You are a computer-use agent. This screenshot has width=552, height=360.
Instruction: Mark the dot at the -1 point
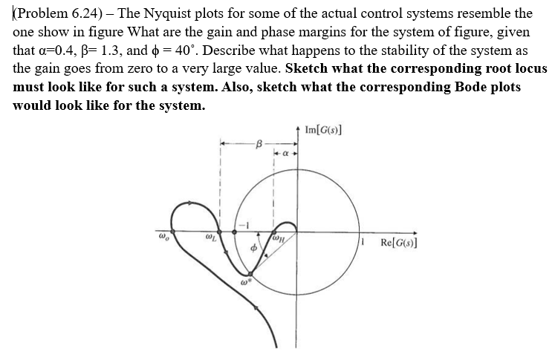pos(236,232)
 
